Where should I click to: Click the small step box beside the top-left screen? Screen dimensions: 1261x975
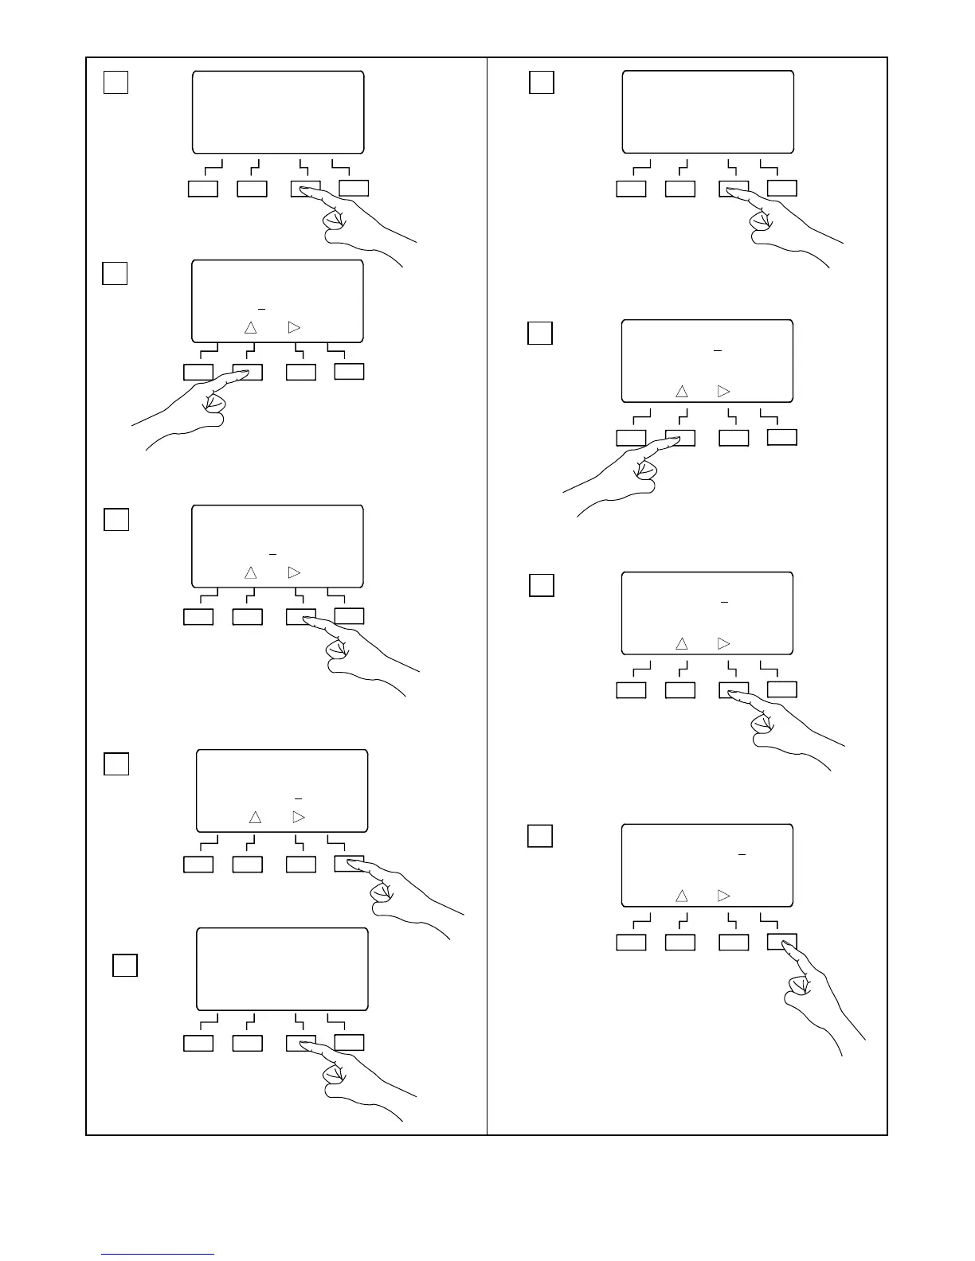[116, 82]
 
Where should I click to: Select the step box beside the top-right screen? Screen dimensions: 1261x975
[542, 82]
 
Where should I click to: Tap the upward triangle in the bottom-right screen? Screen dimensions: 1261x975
[681, 896]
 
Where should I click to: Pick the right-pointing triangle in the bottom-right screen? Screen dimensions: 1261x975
[723, 896]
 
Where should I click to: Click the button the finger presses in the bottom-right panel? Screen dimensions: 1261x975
[781, 943]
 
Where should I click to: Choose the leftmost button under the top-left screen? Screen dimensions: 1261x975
[202, 189]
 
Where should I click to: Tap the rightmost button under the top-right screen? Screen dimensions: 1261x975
[782, 189]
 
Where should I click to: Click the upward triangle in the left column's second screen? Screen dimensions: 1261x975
[250, 327]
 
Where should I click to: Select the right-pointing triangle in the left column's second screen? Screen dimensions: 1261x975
[294, 327]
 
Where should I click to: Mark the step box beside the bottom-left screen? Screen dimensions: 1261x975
[124, 965]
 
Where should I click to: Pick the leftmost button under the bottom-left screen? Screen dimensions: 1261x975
[198, 1043]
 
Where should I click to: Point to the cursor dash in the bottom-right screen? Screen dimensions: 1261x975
[742, 854]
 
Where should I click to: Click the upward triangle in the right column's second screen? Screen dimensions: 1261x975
[681, 392]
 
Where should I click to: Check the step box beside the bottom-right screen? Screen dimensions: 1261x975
[540, 836]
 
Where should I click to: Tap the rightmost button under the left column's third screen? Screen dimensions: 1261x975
[349, 616]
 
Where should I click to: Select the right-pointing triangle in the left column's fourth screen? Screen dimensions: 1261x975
[299, 817]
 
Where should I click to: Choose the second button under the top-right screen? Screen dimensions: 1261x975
[680, 189]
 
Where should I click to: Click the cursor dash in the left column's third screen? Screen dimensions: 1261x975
[272, 553]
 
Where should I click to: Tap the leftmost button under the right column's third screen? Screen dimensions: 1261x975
[631, 690]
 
